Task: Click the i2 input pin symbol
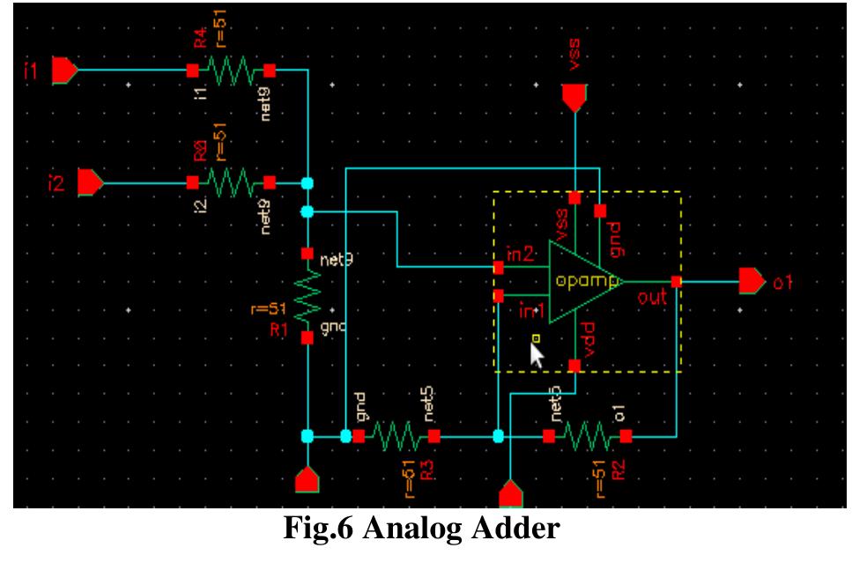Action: pyautogui.click(x=91, y=183)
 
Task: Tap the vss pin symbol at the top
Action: pyautogui.click(x=574, y=98)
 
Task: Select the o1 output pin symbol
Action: pyautogui.click(x=752, y=282)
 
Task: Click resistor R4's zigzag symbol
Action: pyautogui.click(x=231, y=70)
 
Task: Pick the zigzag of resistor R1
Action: pyautogui.click(x=307, y=296)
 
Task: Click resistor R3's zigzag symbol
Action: pyautogui.click(x=396, y=435)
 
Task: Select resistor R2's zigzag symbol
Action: pyautogui.click(x=587, y=435)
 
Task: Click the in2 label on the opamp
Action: pyautogui.click(x=519, y=255)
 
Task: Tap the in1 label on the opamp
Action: pyautogui.click(x=530, y=310)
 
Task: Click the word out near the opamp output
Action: pyautogui.click(x=652, y=298)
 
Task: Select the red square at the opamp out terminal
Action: pyautogui.click(x=676, y=282)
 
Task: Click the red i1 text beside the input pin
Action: pyautogui.click(x=32, y=70)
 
